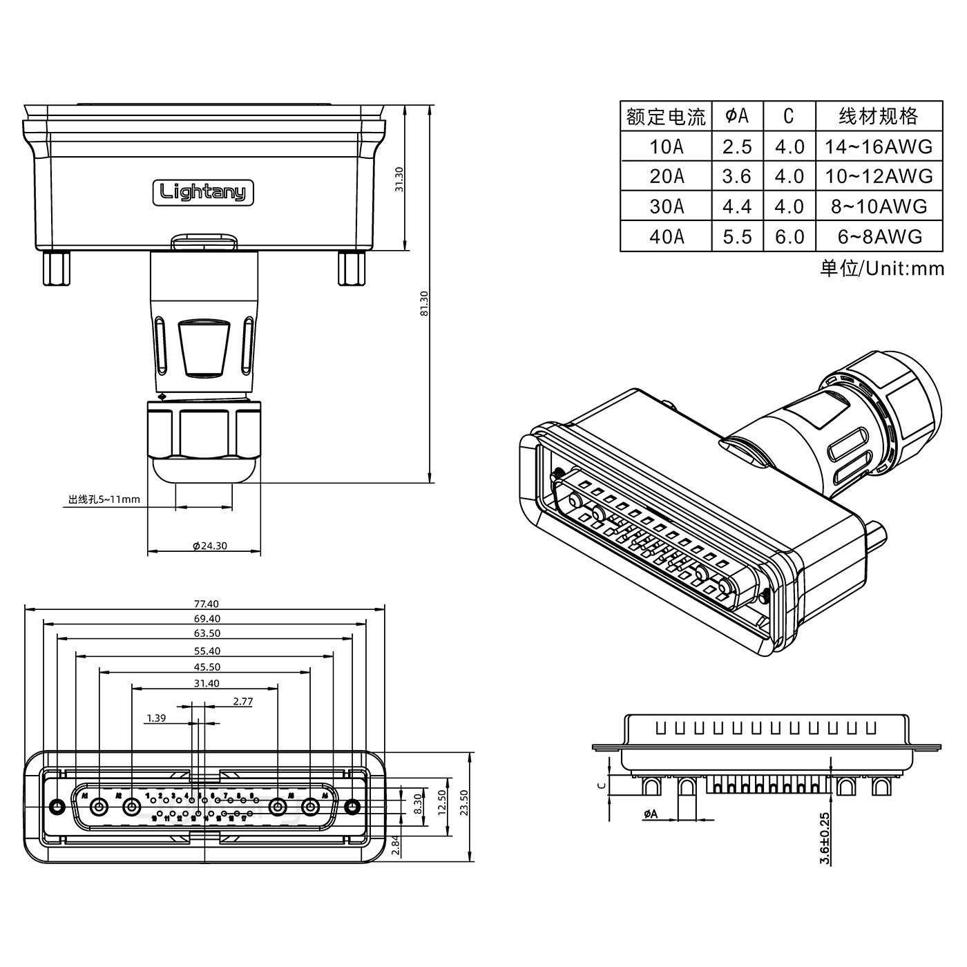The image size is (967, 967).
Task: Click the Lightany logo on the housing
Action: (203, 192)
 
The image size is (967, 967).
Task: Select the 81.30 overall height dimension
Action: (424, 303)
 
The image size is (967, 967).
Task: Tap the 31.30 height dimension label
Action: (399, 180)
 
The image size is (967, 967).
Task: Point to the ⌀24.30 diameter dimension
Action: (210, 546)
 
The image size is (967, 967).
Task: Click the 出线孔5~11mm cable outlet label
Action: (104, 499)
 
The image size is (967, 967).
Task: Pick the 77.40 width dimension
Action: (206, 604)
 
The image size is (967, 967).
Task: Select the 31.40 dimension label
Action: (206, 683)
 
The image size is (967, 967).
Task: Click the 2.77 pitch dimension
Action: (242, 701)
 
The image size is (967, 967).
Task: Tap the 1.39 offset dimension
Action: (156, 718)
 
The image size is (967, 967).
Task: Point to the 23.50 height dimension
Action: (463, 803)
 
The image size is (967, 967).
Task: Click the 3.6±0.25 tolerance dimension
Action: (824, 838)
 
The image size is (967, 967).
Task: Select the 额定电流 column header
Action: (666, 117)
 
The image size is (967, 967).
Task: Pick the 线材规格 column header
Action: (879, 116)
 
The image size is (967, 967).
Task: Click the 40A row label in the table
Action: (667, 237)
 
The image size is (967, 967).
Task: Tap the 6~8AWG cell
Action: (879, 237)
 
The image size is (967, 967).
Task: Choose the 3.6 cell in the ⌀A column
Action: (736, 177)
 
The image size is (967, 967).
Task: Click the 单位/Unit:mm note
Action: (881, 268)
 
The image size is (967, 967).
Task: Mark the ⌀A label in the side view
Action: (650, 814)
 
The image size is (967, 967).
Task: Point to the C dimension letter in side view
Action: (602, 784)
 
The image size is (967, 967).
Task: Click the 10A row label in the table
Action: (667, 146)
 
